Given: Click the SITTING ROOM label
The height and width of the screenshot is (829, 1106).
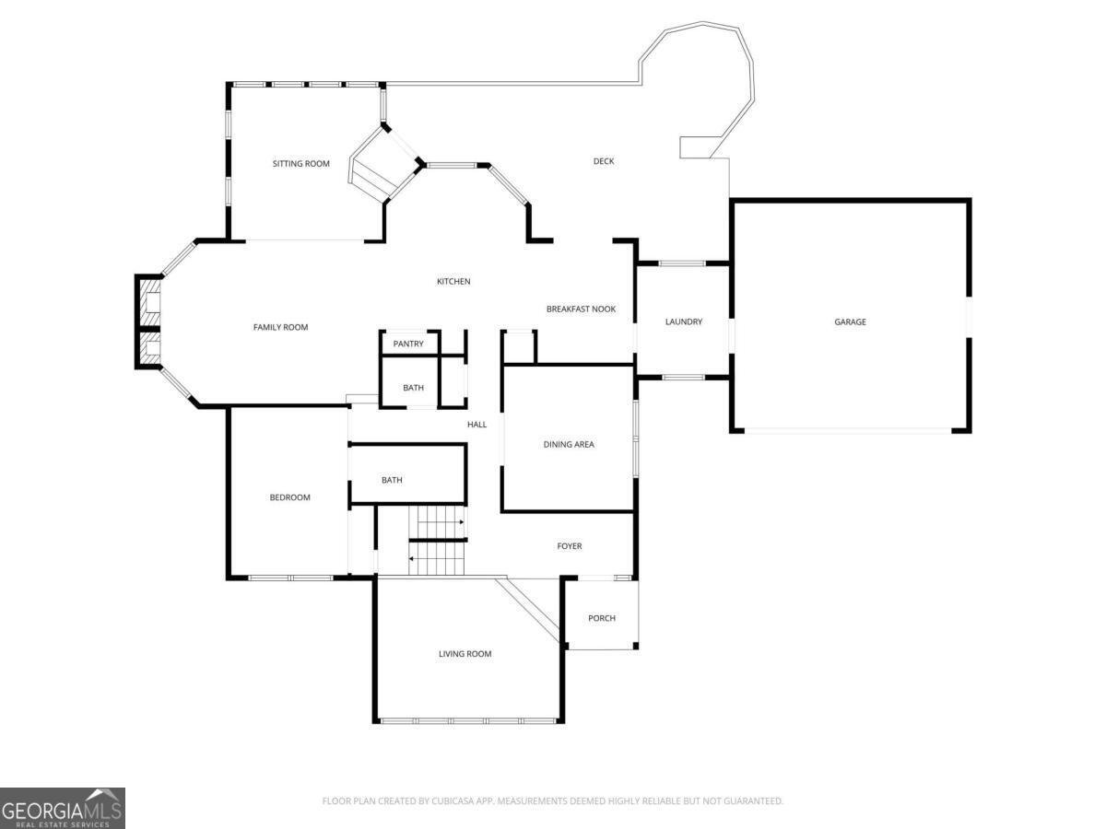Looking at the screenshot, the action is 300,164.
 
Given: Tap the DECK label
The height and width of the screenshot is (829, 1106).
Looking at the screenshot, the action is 603,161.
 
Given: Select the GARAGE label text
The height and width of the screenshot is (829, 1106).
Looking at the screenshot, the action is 850,321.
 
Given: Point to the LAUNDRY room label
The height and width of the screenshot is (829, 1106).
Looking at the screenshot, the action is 683,321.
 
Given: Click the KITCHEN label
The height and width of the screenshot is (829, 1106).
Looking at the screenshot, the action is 453,281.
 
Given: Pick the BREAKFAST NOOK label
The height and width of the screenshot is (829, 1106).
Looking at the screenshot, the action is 581,309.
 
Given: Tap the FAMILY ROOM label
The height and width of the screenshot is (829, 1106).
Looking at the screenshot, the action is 280,327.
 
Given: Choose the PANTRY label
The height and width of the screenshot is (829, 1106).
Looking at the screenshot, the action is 408,344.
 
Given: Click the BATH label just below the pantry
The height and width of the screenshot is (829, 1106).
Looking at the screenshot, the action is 413,388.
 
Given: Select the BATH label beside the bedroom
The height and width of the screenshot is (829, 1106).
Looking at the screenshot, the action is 392,480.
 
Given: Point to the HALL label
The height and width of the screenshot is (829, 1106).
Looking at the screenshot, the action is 477,425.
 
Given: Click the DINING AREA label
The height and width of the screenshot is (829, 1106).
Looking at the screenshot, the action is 569,445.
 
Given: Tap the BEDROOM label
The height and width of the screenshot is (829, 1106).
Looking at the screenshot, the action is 289,497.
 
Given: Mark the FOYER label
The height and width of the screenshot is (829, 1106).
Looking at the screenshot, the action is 570,546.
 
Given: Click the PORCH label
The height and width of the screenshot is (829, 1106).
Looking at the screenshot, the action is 602,618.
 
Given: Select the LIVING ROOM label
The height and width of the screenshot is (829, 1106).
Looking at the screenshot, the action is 465,654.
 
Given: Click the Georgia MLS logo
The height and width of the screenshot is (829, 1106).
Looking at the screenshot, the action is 63,809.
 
